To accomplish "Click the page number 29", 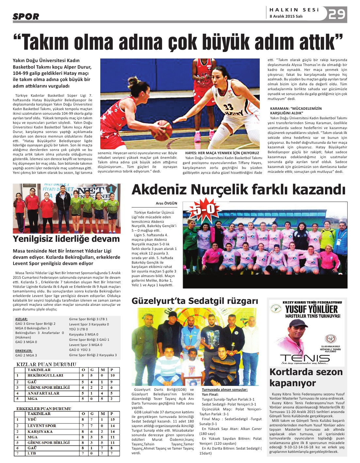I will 336,14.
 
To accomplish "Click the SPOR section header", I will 26,16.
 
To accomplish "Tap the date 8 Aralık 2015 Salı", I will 286,16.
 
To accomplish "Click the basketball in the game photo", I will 162,130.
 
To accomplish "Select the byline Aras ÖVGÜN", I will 166,203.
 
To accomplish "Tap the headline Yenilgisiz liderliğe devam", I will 66,239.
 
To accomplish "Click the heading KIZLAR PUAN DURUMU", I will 46,364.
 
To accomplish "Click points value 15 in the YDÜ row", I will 113,420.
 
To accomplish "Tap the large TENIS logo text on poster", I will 305,358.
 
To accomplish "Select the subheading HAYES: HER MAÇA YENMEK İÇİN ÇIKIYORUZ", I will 222,153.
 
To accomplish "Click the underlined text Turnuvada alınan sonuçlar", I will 225,389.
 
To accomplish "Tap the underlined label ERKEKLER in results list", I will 24,351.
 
